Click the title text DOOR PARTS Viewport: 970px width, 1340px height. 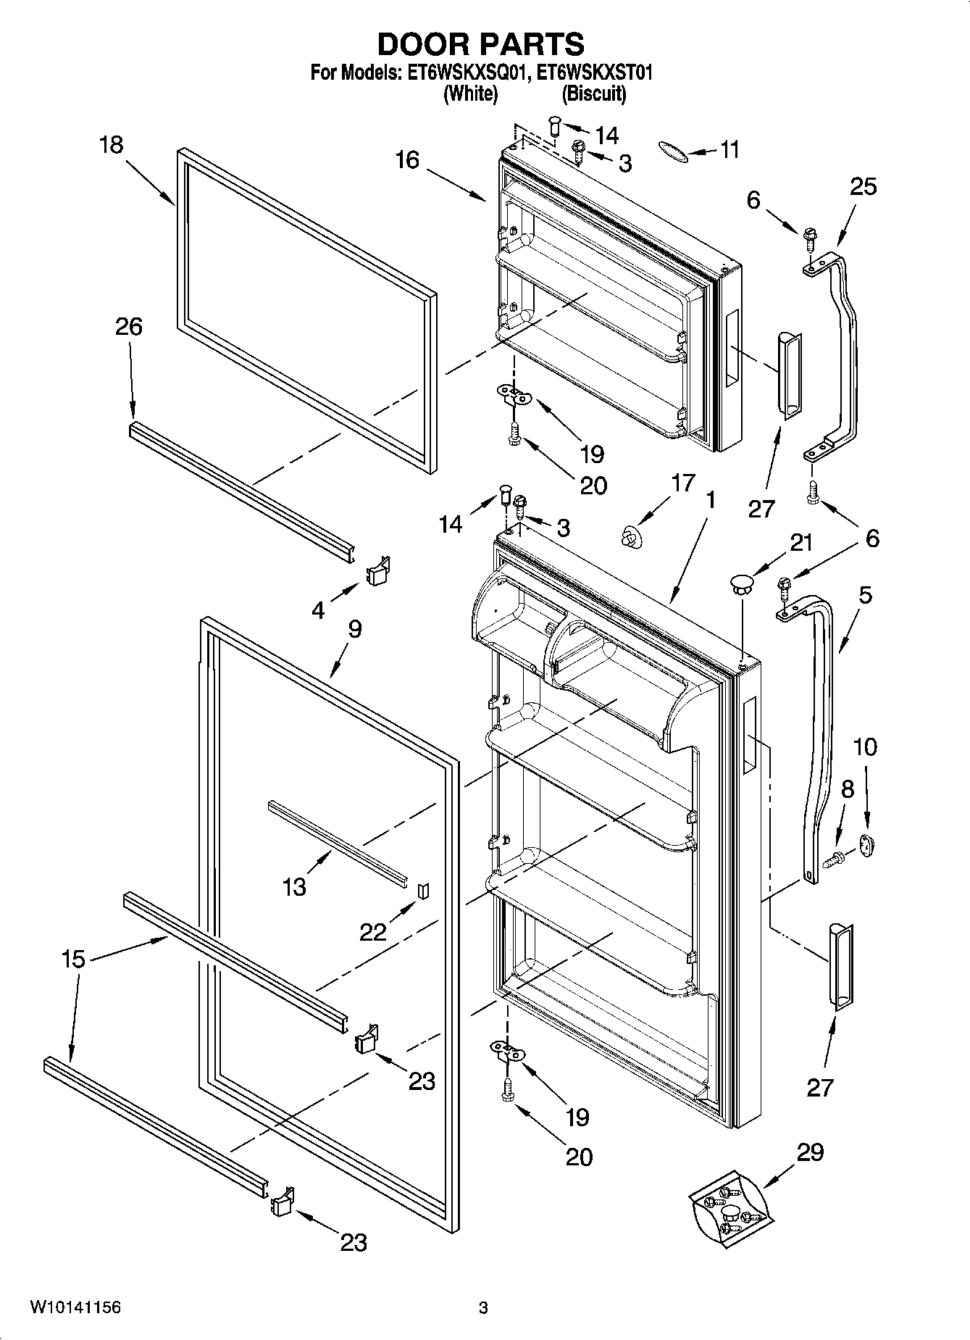(x=480, y=45)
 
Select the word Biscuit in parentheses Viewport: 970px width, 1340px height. (x=594, y=93)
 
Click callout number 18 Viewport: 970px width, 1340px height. (x=112, y=145)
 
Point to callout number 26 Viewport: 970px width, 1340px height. (x=128, y=327)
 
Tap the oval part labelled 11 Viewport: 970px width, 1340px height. (x=672, y=150)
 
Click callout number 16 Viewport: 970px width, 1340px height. (x=407, y=159)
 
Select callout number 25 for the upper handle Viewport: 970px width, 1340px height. (x=862, y=186)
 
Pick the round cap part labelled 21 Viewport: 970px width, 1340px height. (x=740, y=583)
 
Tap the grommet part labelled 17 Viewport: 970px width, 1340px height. (x=632, y=538)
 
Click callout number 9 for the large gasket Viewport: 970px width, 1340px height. (x=354, y=628)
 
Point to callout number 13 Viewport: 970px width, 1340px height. (x=294, y=886)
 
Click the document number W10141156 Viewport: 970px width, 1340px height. (x=75, y=1307)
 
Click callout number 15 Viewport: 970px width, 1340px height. (x=73, y=959)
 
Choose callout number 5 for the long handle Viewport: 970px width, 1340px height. (x=865, y=596)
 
